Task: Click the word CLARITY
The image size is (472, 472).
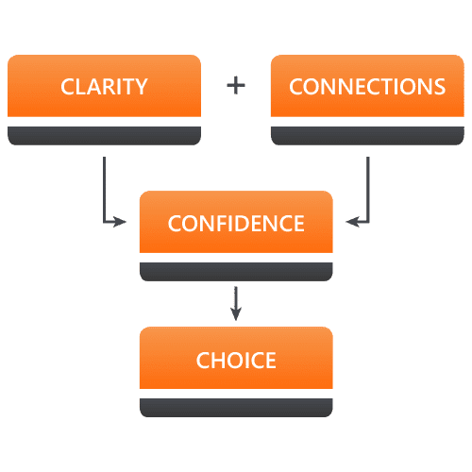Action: [x=104, y=87]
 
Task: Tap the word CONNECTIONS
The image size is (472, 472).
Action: [x=367, y=87]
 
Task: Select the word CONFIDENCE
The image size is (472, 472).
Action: [x=236, y=224]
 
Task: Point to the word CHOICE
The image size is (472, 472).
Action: [x=236, y=360]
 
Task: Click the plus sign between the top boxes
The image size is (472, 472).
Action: [x=236, y=86]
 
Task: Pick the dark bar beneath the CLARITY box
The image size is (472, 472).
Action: [x=104, y=136]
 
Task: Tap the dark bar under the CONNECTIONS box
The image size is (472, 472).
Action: [x=367, y=136]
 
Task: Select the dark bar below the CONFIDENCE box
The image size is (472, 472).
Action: [x=236, y=272]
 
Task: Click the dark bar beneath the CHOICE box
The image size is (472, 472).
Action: [x=236, y=408]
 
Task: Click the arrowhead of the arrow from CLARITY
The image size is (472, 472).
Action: [x=120, y=222]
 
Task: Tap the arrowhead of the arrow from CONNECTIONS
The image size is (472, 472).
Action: [x=352, y=222]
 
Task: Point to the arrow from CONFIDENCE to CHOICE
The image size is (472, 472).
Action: [x=236, y=304]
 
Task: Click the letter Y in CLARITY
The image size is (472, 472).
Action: [x=140, y=87]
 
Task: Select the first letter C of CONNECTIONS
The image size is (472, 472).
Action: [x=295, y=87]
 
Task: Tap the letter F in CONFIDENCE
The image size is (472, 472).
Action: [x=217, y=224]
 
